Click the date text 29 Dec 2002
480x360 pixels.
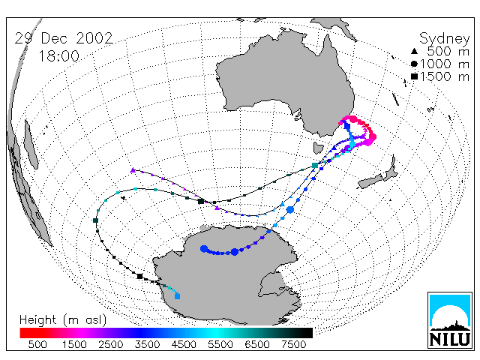coord(64,38)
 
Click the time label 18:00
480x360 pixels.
coord(58,56)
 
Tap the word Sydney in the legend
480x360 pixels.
coord(444,39)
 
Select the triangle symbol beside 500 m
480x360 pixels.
coord(414,51)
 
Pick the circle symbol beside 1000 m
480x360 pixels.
coord(414,64)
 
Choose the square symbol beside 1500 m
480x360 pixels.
coord(414,76)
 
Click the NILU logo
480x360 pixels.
coord(450,320)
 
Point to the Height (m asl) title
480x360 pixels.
coord(63,320)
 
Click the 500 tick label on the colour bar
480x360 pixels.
coord(37,345)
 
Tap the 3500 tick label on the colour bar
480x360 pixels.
coord(147,345)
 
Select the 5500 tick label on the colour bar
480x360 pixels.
coord(220,345)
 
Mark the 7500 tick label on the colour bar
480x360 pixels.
coord(293,345)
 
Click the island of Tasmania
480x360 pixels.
coord(318,148)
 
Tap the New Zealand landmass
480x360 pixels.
coord(379,175)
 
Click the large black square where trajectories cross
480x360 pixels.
coord(201,202)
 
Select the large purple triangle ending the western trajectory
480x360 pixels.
coord(133,170)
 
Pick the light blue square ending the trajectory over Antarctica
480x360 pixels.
coord(177,296)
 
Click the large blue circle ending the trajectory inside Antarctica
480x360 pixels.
coord(204,249)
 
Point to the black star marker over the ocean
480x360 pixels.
coord(124,198)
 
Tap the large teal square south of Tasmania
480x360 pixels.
coord(315,166)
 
